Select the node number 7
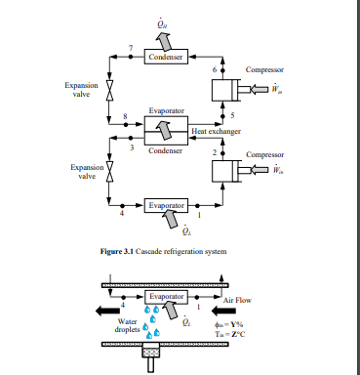pos(131,48)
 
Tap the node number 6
pos(214,70)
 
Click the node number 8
pos(125,116)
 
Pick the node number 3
pos(131,147)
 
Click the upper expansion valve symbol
pos(110,90)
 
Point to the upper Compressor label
pos(264,70)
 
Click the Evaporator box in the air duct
pos(165,296)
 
